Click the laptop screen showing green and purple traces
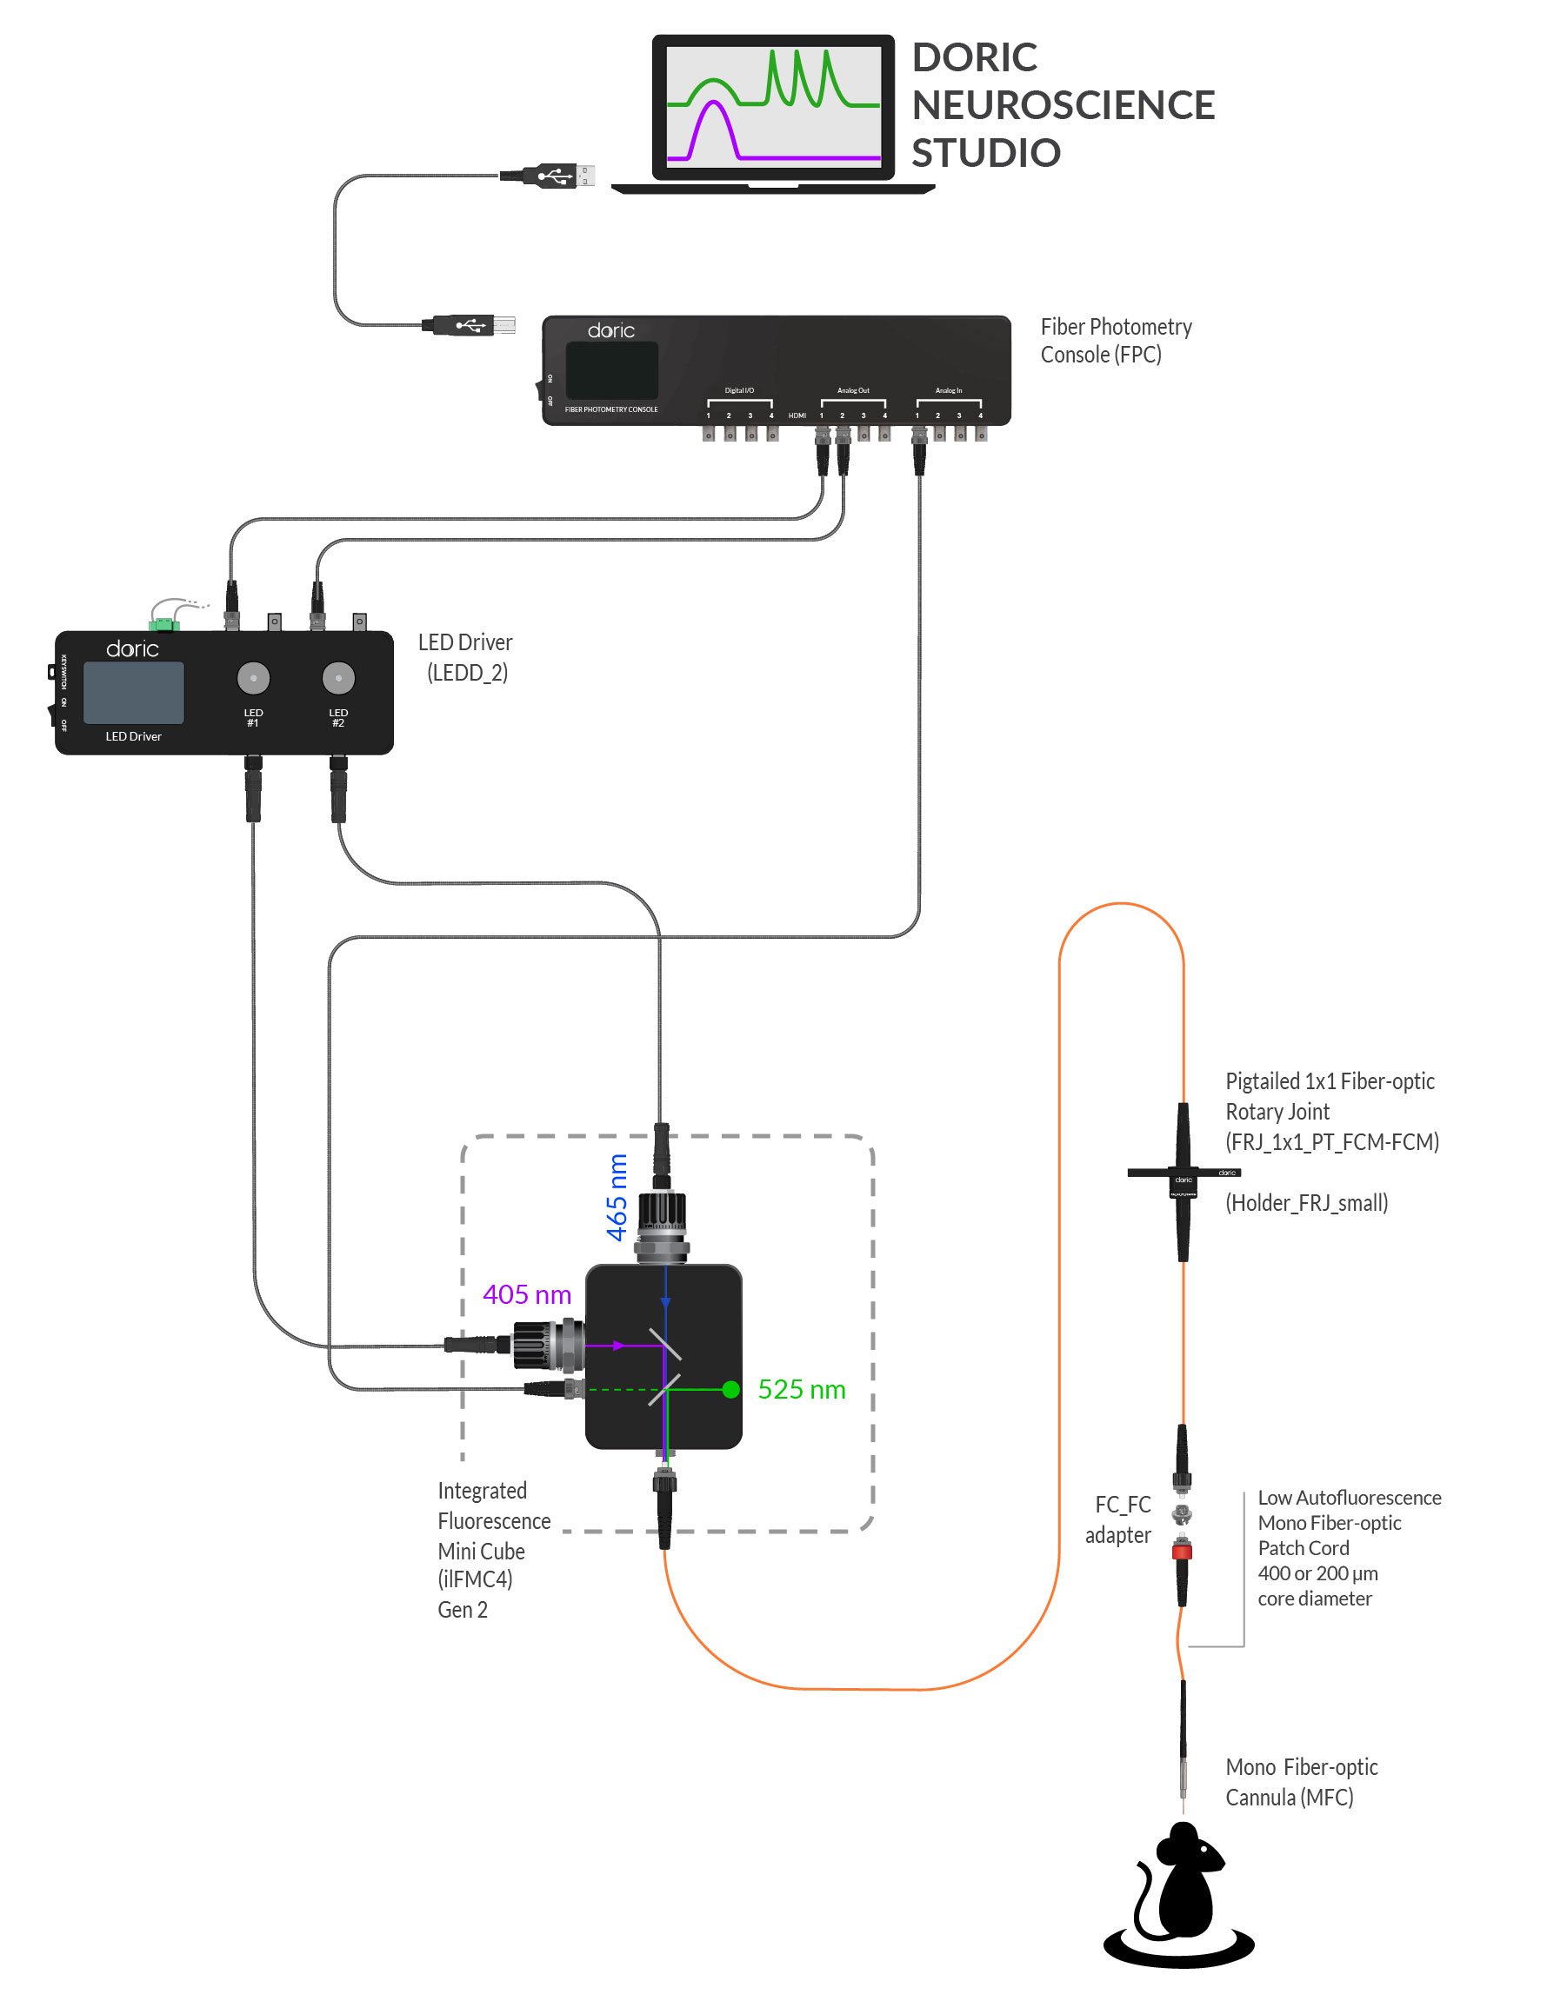point(772,106)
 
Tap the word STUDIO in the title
point(985,153)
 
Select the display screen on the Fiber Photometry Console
point(611,369)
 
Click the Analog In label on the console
point(948,390)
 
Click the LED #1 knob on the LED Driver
point(253,678)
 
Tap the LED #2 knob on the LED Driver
point(338,678)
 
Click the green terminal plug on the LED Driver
point(165,624)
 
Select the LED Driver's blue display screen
point(134,693)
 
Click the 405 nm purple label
point(527,1294)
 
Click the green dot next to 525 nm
point(730,1389)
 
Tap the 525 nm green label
point(801,1389)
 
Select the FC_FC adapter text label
point(1119,1519)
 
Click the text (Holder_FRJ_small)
point(1306,1203)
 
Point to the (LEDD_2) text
point(466,673)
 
